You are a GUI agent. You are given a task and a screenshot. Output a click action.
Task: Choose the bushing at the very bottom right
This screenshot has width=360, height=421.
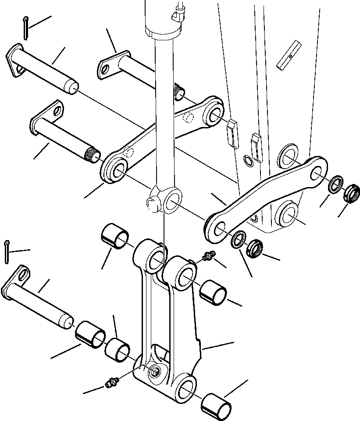coord(217,404)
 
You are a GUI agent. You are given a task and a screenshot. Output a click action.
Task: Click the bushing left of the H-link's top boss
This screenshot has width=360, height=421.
coord(115,237)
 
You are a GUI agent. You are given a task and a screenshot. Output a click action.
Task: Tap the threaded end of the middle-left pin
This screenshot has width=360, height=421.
coord(93,154)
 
